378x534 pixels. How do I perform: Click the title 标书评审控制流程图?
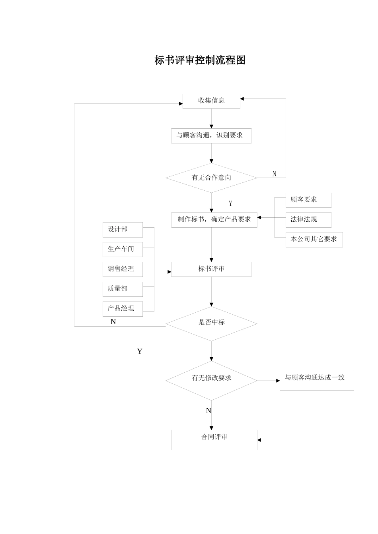tap(200, 60)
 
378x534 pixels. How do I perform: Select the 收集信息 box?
tap(211, 101)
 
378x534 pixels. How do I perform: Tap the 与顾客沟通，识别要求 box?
tap(211, 135)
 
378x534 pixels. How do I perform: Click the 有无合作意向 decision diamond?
tap(211, 178)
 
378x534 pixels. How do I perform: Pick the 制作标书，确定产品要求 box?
tap(214, 219)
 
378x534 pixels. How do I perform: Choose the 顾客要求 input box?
tap(308, 200)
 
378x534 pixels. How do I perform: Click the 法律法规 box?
tap(308, 220)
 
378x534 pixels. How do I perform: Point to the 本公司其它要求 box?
tap(314, 240)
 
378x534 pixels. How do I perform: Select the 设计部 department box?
tap(123, 230)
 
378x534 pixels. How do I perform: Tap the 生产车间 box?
tap(123, 249)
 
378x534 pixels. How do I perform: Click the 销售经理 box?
tap(123, 269)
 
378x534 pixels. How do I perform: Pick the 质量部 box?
tap(123, 289)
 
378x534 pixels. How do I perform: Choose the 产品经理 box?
tap(123, 309)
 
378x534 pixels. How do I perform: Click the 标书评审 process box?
tap(211, 269)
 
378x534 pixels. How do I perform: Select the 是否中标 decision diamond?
tap(211, 323)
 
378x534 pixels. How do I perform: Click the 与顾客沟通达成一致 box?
tap(316, 380)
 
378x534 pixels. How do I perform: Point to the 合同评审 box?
tap(214, 439)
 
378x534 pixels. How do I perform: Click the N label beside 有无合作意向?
tap(274, 174)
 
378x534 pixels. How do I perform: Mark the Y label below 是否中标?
tap(140, 352)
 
